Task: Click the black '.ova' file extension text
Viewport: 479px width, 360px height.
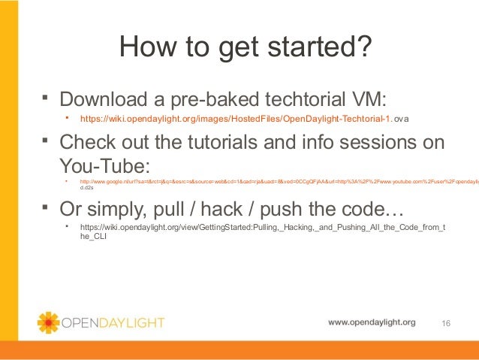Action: pyautogui.click(x=402, y=119)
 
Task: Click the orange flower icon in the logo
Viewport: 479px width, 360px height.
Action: pyautogui.click(x=48, y=322)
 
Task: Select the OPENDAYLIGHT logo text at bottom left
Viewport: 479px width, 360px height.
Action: pyautogui.click(x=113, y=323)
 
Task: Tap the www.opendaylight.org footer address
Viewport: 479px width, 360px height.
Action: pyautogui.click(x=371, y=322)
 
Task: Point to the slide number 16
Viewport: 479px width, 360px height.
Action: pyautogui.click(x=447, y=323)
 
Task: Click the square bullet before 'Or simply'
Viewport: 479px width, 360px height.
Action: pyautogui.click(x=46, y=204)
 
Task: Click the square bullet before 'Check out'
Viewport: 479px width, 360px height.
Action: pyautogui.click(x=46, y=140)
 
